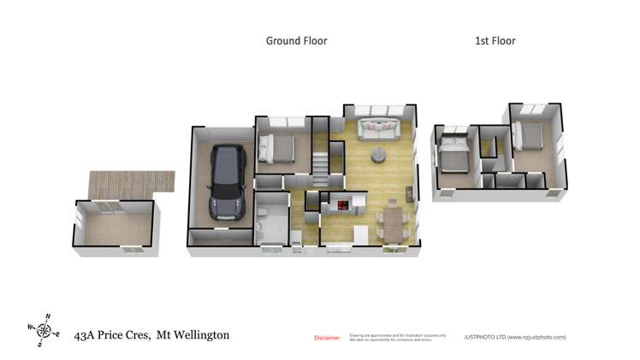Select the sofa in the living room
(x=379, y=129)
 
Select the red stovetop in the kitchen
(x=343, y=205)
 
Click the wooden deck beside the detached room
(x=132, y=181)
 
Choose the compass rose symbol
(x=44, y=329)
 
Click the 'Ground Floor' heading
(x=296, y=40)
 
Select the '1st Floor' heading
(x=495, y=40)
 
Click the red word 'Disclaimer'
(x=327, y=338)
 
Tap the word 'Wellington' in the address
(x=201, y=335)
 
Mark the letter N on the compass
(x=48, y=316)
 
